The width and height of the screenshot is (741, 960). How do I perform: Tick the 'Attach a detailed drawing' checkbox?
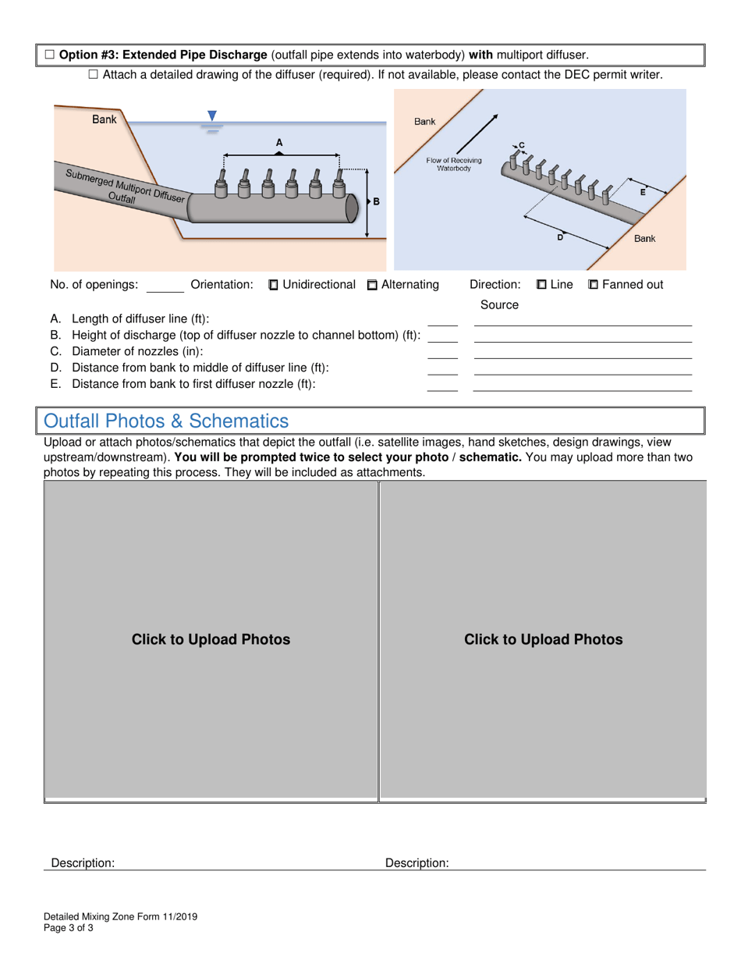point(93,75)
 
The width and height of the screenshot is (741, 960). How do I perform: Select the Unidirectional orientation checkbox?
point(273,285)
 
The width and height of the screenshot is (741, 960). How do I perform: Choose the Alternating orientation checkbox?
point(371,285)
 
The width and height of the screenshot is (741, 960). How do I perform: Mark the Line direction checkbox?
point(541,285)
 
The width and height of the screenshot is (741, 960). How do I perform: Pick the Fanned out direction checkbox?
point(593,285)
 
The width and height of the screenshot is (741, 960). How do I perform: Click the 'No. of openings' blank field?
point(165,286)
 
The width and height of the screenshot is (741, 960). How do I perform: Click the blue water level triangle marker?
point(211,116)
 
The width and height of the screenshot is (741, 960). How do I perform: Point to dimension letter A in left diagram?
point(279,142)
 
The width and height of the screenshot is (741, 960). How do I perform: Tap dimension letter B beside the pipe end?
point(376,201)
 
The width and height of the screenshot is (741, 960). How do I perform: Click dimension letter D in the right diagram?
point(559,236)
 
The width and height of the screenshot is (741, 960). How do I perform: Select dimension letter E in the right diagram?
point(642,192)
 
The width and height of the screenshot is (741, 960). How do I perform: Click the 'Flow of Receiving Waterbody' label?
point(453,165)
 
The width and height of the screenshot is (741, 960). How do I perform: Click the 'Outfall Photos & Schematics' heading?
point(166,421)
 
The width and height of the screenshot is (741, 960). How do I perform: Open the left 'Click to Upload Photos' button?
point(211,640)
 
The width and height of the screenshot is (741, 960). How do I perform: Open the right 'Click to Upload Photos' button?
point(543,640)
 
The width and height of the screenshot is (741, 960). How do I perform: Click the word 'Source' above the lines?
point(499,305)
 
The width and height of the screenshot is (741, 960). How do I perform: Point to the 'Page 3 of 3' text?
point(69,928)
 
